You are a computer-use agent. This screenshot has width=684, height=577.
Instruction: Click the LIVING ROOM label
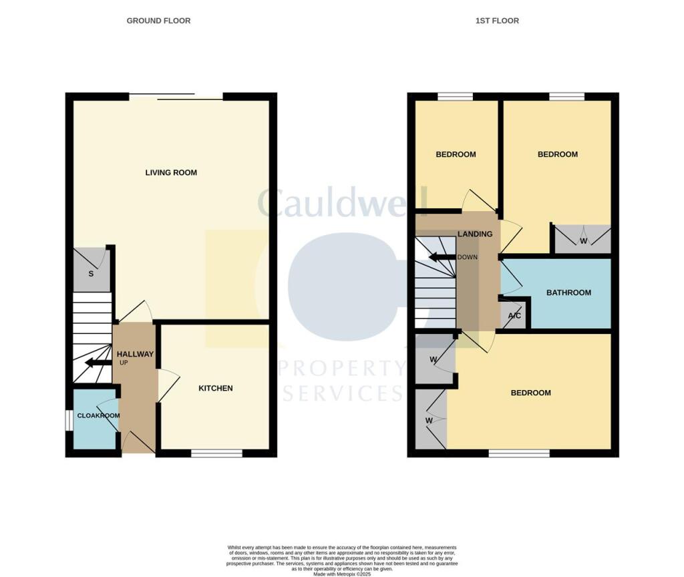[171, 172]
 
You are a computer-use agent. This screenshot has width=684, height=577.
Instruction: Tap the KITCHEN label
[216, 388]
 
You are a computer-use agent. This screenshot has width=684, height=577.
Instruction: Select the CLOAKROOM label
[98, 415]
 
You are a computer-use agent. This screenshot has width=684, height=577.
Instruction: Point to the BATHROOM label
[568, 293]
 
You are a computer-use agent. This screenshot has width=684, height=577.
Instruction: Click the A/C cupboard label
[514, 316]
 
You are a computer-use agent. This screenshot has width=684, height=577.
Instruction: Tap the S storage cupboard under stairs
[92, 274]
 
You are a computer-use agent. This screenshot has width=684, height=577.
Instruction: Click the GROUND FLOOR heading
[158, 21]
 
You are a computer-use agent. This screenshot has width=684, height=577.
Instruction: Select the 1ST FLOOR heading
[497, 21]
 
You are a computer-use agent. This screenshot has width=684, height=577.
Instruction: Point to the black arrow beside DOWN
[441, 257]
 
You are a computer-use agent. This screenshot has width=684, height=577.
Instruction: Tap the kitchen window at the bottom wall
[216, 453]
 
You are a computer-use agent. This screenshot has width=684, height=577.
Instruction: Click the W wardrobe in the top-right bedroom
[582, 240]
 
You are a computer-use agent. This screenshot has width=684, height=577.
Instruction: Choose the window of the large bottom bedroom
[519, 453]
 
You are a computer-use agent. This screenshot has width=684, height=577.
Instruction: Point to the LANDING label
[475, 234]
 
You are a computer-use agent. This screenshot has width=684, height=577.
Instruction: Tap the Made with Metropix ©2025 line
[341, 572]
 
